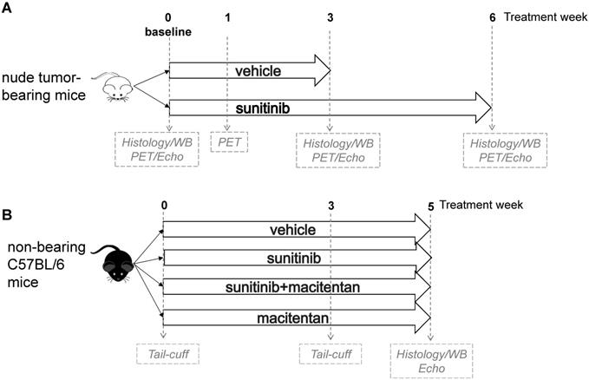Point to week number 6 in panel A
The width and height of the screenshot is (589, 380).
(x=492, y=16)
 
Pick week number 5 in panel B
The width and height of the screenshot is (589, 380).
(x=430, y=206)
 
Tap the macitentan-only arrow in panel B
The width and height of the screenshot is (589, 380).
(x=295, y=319)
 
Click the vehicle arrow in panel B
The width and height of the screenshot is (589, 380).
(x=295, y=230)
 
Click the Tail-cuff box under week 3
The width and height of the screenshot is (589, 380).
(x=330, y=355)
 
